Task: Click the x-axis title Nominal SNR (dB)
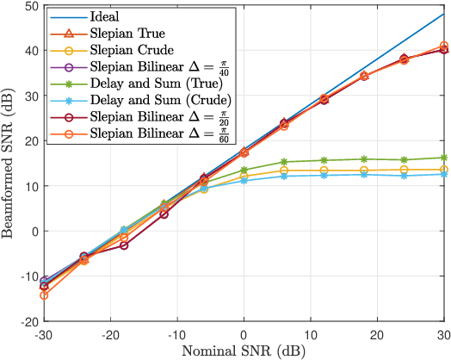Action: pyautogui.click(x=244, y=351)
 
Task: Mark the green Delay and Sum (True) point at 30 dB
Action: pyautogui.click(x=444, y=158)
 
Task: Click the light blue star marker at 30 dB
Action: pyautogui.click(x=444, y=174)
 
